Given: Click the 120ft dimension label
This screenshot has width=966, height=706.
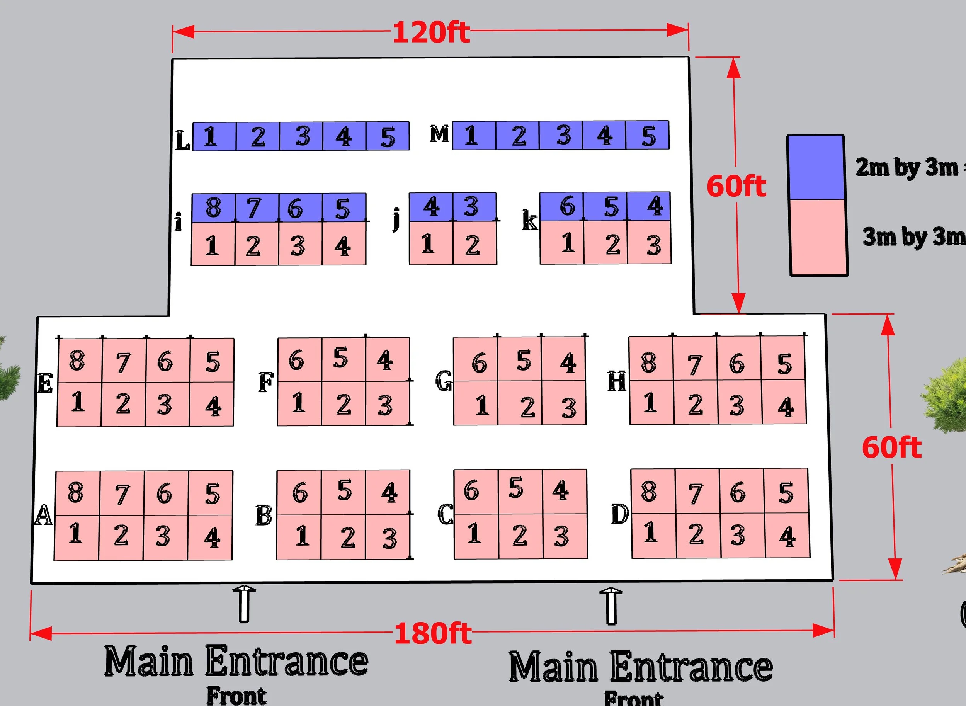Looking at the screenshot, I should click(x=431, y=32).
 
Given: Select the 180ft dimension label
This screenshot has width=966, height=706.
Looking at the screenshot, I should click(x=432, y=633).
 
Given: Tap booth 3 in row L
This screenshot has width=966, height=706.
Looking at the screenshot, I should click(x=302, y=136).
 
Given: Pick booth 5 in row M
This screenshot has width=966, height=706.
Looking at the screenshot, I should click(x=648, y=136).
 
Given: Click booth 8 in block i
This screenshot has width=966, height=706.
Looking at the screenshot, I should click(x=214, y=208).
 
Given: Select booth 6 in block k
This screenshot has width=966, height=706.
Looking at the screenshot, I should click(x=562, y=206).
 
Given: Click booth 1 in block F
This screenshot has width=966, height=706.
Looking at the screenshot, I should click(x=299, y=403).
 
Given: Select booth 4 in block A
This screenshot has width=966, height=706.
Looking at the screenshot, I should click(x=210, y=537).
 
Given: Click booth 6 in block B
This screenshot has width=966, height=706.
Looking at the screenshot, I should click(x=299, y=492).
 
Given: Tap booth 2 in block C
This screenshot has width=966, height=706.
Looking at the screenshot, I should click(x=520, y=536).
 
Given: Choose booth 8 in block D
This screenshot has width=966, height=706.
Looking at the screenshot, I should click(x=653, y=491).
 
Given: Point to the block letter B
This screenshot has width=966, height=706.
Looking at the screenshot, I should click(x=264, y=516).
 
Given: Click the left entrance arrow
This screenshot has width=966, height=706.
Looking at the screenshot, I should click(x=244, y=604).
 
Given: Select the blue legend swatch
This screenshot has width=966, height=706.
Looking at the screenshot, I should click(x=816, y=168).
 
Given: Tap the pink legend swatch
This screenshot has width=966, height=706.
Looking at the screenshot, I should click(x=818, y=237).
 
